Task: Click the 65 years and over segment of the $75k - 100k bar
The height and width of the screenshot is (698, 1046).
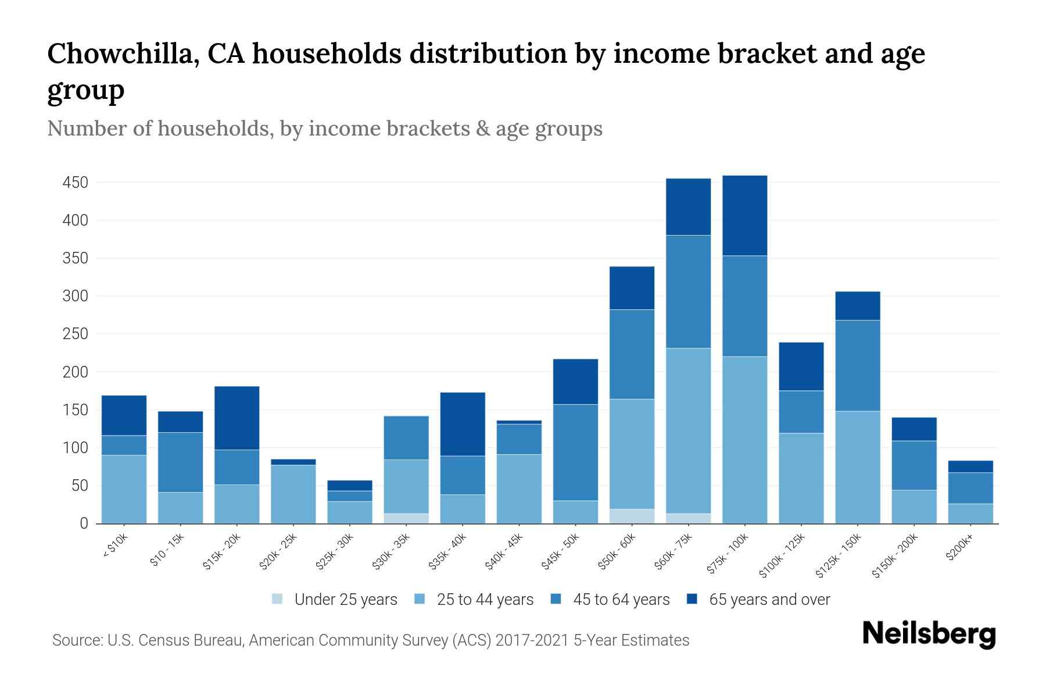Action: point(744,215)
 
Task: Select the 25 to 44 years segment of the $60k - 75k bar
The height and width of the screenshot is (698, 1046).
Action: point(688,430)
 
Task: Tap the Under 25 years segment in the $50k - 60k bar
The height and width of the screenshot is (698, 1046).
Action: point(632,516)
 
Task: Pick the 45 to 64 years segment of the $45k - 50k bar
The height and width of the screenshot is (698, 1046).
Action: point(575,452)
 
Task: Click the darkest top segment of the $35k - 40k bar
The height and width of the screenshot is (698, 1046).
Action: point(463,423)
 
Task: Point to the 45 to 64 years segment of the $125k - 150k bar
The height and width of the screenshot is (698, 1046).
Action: point(857,365)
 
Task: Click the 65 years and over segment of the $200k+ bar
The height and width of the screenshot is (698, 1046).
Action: point(970,466)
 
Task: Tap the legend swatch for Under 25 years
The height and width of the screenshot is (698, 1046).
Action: point(278,599)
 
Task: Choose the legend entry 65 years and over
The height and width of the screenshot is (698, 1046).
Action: point(769,600)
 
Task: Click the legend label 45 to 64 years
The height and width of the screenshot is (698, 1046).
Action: point(621,600)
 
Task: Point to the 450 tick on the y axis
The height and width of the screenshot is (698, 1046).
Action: point(75,183)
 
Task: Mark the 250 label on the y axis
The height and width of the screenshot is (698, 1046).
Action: point(75,334)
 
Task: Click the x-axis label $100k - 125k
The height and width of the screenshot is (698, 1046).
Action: point(783,556)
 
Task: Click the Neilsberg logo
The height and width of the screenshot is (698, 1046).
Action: point(929,634)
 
